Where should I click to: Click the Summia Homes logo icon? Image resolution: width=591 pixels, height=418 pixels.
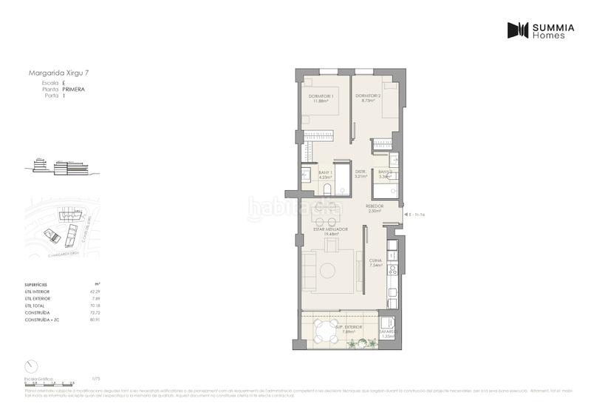(x=518, y=30)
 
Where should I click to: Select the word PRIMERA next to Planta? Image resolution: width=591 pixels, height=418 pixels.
(x=74, y=89)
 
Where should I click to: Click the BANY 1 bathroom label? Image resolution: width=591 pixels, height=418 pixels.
(x=325, y=174)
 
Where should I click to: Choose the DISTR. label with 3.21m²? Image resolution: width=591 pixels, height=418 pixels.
(x=361, y=174)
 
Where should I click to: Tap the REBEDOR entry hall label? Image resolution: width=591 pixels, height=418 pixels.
(x=375, y=208)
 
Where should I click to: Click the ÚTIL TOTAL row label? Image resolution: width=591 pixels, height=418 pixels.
(x=36, y=306)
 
